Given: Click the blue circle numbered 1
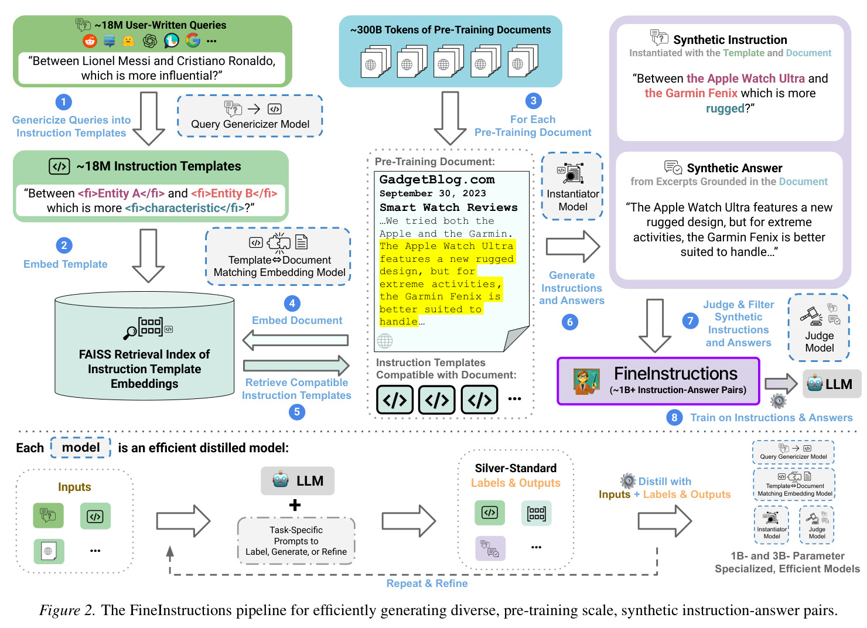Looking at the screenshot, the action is (63, 102).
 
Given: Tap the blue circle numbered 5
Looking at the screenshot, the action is (297, 412).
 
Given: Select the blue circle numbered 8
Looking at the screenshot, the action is (674, 417).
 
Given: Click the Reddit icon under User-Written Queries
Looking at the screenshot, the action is (90, 40).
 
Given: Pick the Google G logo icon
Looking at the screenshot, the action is (193, 40).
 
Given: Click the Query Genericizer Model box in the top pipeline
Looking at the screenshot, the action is (250, 116).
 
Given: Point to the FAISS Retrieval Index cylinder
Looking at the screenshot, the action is (144, 346).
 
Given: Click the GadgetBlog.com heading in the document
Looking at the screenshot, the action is (437, 180).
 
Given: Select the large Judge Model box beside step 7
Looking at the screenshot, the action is (818, 327).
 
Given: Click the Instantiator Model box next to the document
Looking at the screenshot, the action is (572, 186).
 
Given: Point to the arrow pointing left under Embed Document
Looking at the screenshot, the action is (295, 340).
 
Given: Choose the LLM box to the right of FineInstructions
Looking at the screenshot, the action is (832, 384).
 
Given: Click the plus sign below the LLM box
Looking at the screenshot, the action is (295, 505).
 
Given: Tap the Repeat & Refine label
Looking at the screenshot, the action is (427, 583).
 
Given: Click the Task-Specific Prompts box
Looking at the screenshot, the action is (296, 541).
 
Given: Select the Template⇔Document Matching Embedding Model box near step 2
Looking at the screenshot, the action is (278, 257).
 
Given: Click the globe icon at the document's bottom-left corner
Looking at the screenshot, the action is (385, 341).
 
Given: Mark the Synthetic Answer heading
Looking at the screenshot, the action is (734, 168).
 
